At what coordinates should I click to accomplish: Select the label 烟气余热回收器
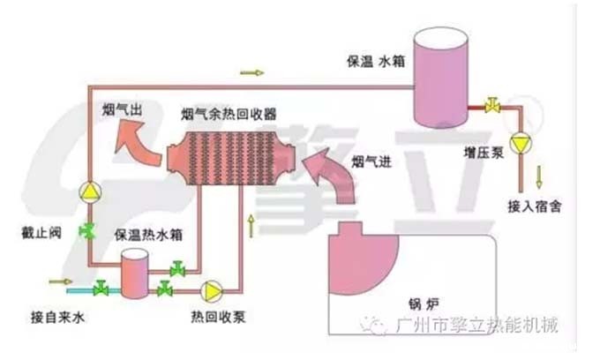(229, 115)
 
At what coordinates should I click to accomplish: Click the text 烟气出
(123, 111)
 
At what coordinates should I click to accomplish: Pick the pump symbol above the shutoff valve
(89, 190)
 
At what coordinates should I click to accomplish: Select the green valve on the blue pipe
(101, 287)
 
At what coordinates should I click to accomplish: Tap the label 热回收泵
(214, 315)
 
